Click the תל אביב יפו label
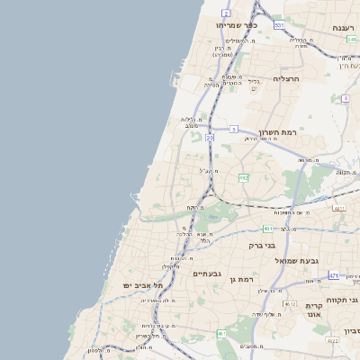pos(135,285)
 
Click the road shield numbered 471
pos(334,275)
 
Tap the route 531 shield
pos(280,24)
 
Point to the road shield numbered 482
pos(243,178)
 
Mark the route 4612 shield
pos(290,304)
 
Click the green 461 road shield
pos(221,333)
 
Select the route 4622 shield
pos(332,341)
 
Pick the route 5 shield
pos(233,130)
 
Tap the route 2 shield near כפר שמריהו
pos(226,13)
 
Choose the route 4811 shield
pos(339,209)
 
